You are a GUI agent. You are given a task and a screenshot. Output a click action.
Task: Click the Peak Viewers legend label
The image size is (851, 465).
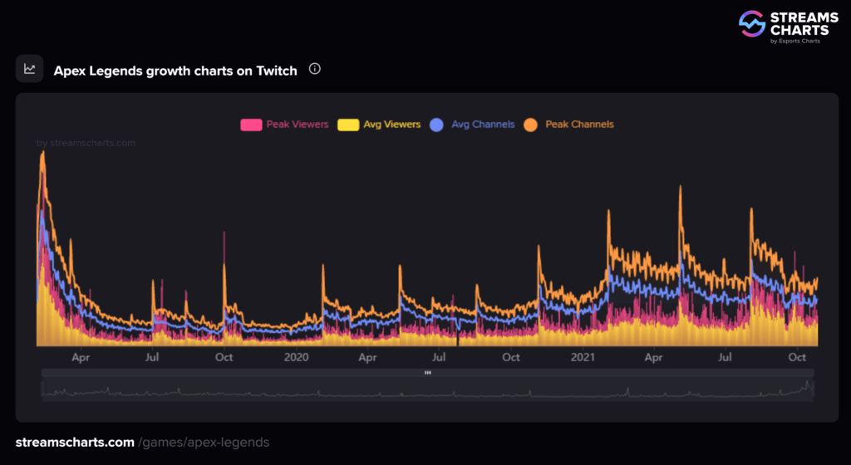point(298,125)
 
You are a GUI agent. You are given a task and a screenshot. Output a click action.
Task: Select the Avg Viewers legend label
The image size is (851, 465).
point(391,125)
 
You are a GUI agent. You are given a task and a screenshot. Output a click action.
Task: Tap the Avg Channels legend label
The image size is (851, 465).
point(483,125)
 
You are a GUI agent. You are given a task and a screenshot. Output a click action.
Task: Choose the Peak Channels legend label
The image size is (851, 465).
point(579,125)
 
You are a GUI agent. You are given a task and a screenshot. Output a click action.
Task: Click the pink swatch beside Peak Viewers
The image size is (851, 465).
point(251,125)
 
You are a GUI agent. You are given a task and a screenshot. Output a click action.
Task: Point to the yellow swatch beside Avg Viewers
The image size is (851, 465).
point(348,125)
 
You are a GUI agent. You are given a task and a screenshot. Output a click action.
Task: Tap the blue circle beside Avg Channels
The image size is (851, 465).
point(437,125)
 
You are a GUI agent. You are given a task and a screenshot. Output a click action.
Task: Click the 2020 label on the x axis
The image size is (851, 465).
point(296,357)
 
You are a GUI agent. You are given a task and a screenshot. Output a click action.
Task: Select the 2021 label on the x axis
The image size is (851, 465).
point(583,357)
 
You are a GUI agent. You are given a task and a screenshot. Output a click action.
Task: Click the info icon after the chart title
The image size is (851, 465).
point(315,69)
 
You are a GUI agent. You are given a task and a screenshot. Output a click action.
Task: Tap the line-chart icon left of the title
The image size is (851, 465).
point(30,69)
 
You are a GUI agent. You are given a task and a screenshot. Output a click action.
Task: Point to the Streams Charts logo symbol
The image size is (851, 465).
point(752,23)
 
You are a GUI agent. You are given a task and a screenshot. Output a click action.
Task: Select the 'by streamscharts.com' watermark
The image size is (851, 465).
point(86,143)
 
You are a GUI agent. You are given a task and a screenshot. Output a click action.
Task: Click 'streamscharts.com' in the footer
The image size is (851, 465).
point(75,443)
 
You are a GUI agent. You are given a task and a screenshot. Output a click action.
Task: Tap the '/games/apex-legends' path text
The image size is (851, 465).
point(204,443)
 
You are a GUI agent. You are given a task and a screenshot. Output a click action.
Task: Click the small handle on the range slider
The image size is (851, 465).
point(427,373)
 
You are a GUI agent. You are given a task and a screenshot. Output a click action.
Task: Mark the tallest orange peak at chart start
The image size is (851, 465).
point(42,153)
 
